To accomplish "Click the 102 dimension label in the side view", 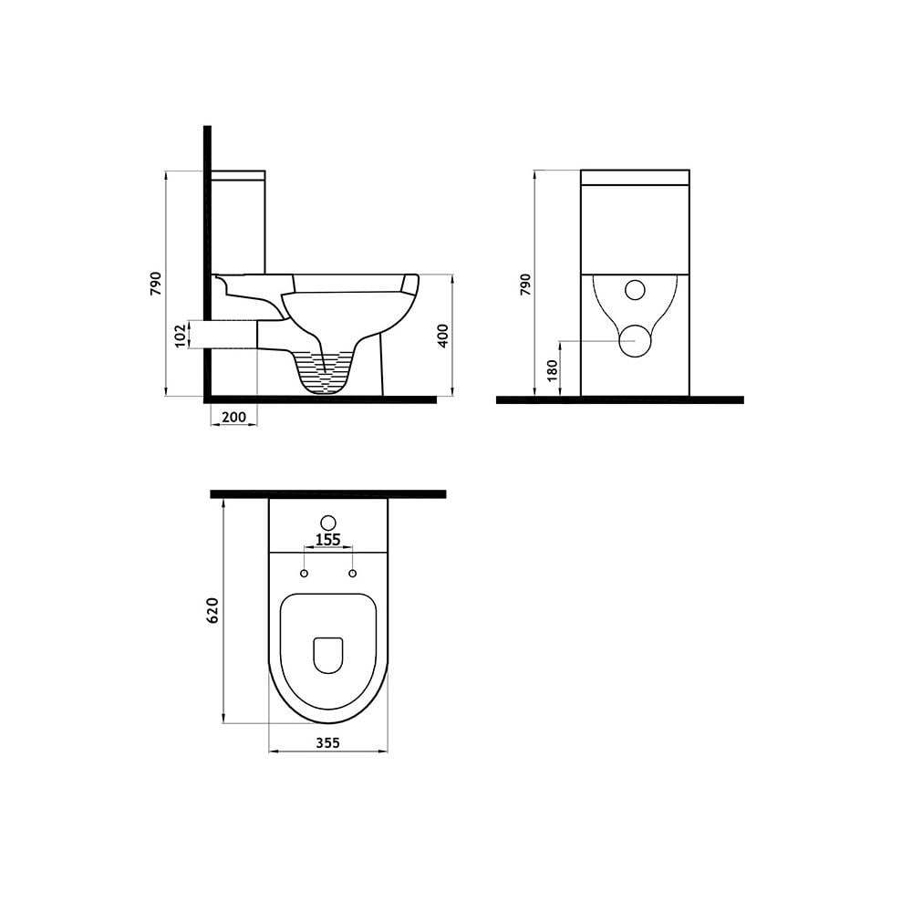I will tap(180, 335).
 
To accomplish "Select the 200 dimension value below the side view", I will tap(234, 417).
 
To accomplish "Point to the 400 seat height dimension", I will tap(443, 336).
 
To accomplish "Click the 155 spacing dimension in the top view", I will tap(327, 540).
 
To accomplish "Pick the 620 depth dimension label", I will tap(213, 610).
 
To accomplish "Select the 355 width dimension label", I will tap(327, 742).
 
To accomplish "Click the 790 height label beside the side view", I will tap(156, 284).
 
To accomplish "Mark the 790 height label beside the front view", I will tap(524, 284).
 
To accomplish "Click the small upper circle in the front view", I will tap(635, 290).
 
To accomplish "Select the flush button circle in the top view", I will tap(327, 523).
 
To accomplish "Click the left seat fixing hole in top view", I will tap(304, 574).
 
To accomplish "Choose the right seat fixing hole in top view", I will tap(352, 574).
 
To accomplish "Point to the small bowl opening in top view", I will tap(327, 654).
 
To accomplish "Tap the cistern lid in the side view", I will tap(238, 174).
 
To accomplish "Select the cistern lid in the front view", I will tap(635, 177).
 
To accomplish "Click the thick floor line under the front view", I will tap(620, 399).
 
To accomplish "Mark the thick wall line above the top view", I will tap(327, 493).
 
